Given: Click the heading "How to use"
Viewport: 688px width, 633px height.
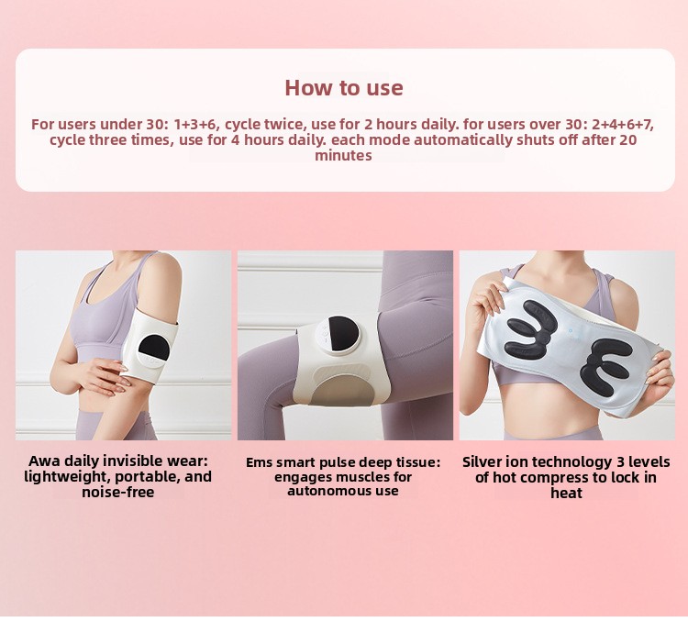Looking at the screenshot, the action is pyautogui.click(x=344, y=88).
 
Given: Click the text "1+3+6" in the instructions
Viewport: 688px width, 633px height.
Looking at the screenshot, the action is pyautogui.click(x=195, y=124).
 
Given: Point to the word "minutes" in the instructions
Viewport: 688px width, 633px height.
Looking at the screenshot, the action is pyautogui.click(x=343, y=155).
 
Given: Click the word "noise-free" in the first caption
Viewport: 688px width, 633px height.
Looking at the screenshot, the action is pyautogui.click(x=118, y=492).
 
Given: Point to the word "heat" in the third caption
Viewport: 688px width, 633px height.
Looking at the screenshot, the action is pyautogui.click(x=567, y=493).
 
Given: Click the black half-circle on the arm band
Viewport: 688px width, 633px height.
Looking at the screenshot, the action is pyautogui.click(x=154, y=347).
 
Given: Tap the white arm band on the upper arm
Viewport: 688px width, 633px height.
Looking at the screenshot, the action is pyautogui.click(x=150, y=342).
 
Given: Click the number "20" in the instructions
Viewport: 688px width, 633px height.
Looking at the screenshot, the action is pyautogui.click(x=628, y=140).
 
